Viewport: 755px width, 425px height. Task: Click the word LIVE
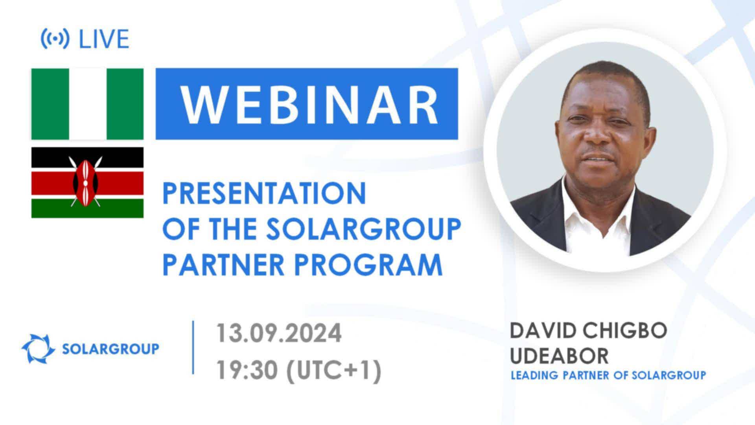tap(104, 39)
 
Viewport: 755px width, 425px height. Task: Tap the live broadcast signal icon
tap(55, 39)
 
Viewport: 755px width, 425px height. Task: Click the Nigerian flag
tap(87, 104)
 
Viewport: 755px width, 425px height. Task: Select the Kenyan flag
tap(87, 183)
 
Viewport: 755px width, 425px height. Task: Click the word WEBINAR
tap(309, 104)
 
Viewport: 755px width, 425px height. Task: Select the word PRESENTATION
tap(264, 193)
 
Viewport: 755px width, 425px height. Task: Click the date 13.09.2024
tap(279, 333)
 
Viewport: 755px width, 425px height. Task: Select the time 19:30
tap(247, 370)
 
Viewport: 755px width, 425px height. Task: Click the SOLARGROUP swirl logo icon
tap(38, 348)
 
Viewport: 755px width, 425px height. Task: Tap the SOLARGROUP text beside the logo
tap(111, 349)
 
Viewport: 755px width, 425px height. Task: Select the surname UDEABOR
tap(560, 356)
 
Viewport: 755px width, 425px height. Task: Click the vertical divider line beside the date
tap(193, 347)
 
